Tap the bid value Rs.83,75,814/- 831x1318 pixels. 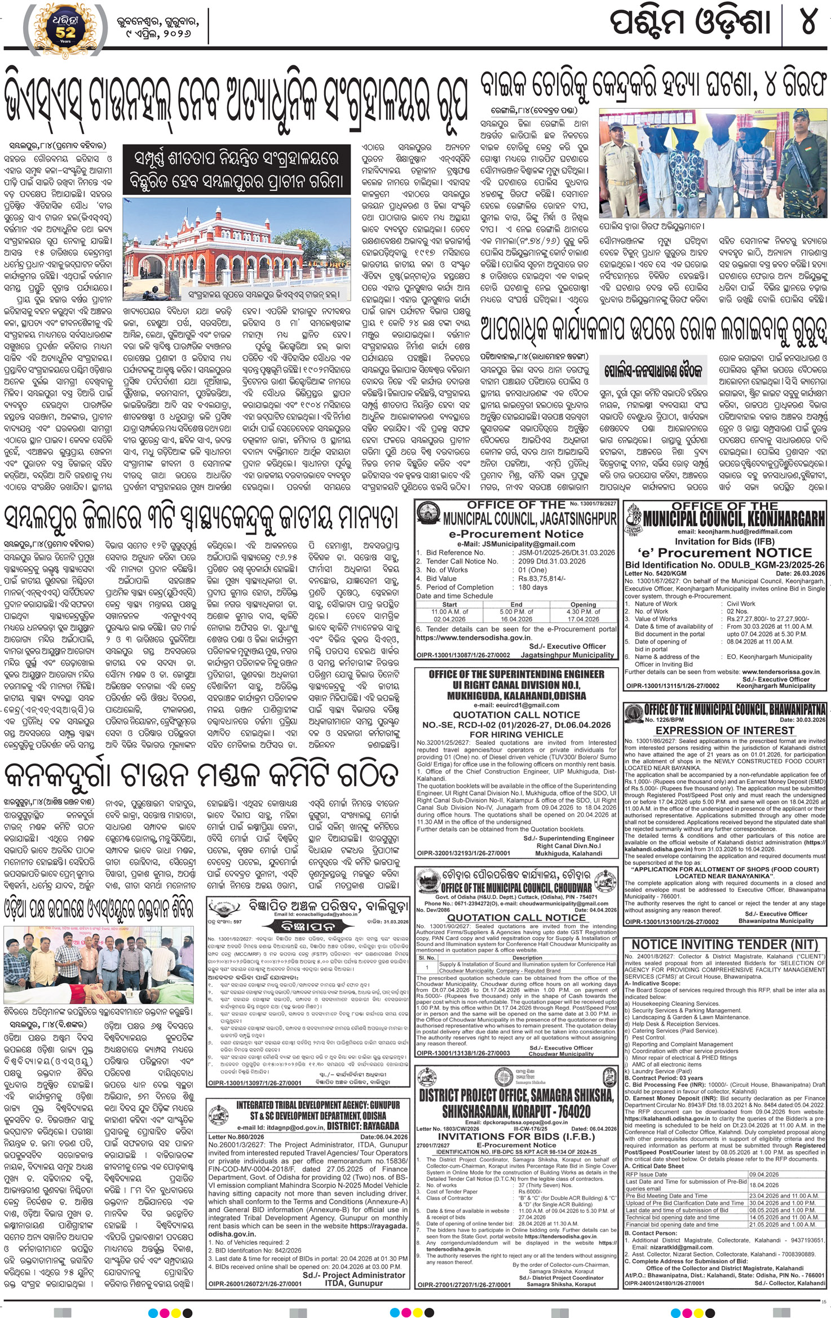(x=541, y=578)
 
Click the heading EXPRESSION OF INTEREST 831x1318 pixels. (x=724, y=730)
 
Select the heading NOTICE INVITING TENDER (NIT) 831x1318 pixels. (x=724, y=944)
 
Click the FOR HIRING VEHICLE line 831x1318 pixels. (x=516, y=734)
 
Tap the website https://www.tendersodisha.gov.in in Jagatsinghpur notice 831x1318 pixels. (x=474, y=637)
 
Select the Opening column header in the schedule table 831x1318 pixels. (x=583, y=604)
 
